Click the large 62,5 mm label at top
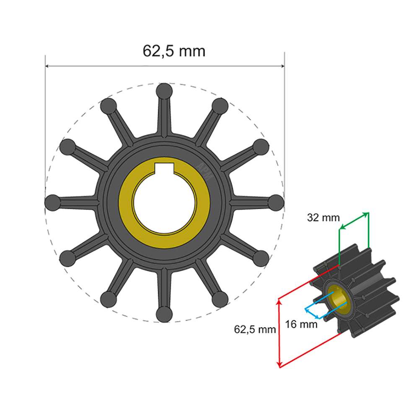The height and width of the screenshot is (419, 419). click(174, 51)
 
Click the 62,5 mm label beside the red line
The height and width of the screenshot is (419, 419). click(255, 329)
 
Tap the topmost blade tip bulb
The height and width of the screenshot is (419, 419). click(164, 91)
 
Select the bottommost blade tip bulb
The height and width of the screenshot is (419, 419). click(164, 314)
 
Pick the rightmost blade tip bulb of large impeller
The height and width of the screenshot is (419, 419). click(276, 202)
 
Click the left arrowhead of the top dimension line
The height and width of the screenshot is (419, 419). click(47, 66)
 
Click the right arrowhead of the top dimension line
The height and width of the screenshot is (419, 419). click(282, 66)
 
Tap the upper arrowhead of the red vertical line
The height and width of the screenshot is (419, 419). click(279, 301)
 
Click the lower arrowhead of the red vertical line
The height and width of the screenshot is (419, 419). click(279, 365)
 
